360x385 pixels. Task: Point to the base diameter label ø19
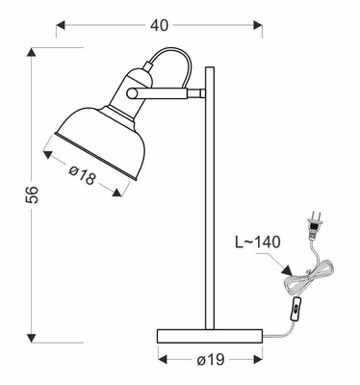210,360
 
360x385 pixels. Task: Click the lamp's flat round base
210,334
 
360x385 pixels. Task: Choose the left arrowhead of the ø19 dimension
161,360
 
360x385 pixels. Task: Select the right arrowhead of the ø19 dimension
258,360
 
